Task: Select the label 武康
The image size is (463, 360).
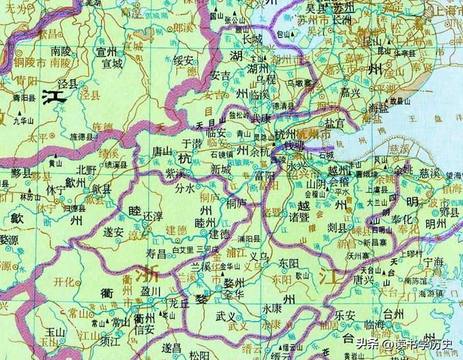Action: [x=261, y=119]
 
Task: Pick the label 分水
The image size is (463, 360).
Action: [x=185, y=188]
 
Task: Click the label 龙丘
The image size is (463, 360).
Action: [x=179, y=303]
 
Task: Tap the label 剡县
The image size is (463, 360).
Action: [x=337, y=227]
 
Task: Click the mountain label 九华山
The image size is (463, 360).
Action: [x=24, y=120]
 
